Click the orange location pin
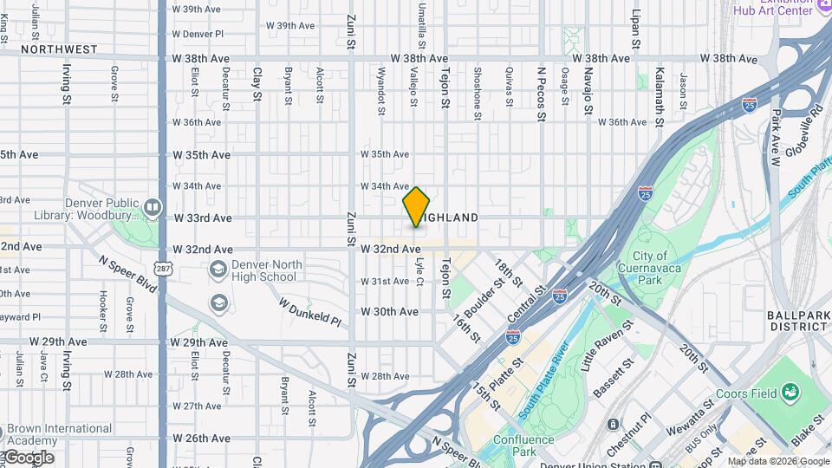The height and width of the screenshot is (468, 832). pyautogui.click(x=417, y=207)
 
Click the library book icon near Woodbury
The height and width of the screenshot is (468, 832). pyautogui.click(x=153, y=207)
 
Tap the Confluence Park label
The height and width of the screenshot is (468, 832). pyautogui.click(x=524, y=445)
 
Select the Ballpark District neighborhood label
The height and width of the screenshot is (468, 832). pyautogui.click(x=797, y=321)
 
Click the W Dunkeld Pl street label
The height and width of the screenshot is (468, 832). pyautogui.click(x=309, y=310)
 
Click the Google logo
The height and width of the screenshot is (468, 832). pyautogui.click(x=28, y=458)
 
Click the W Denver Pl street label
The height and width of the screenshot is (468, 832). pyautogui.click(x=198, y=34)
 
